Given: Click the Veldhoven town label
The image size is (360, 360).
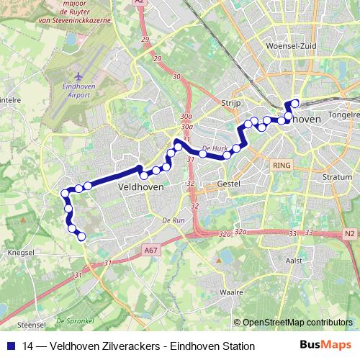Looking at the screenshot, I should point(140,186).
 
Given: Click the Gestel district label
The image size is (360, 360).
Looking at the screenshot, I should point(228,184).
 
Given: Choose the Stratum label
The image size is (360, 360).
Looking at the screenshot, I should point(338,176).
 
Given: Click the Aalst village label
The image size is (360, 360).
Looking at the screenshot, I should point(294,260).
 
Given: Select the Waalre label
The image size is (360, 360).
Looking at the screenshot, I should point(231,293).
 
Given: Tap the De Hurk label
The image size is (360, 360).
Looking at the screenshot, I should point(215,149).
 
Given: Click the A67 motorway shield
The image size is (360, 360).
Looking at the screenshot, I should point(150,250).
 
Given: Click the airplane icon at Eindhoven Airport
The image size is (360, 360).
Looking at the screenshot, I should point(78,76).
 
